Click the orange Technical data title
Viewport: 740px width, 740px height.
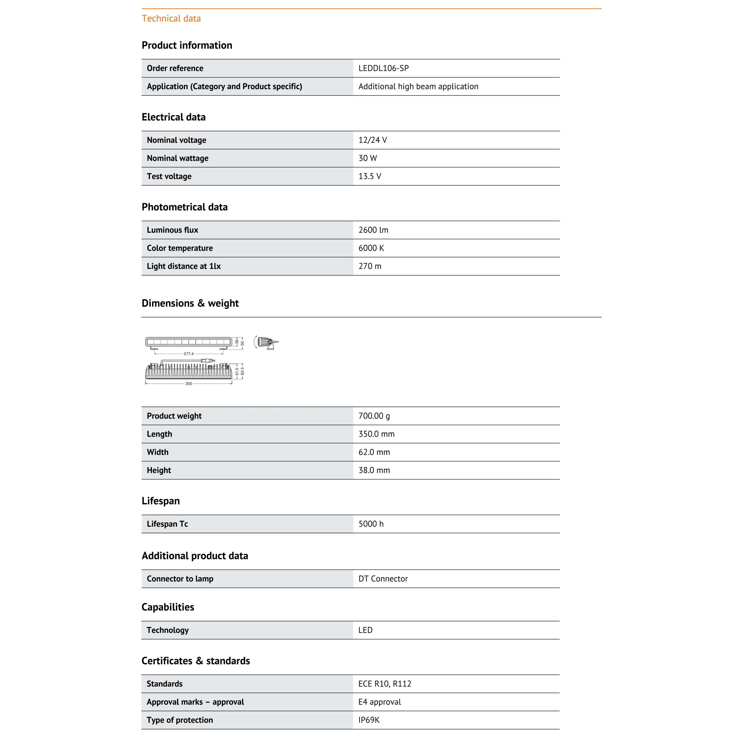coord(171,18)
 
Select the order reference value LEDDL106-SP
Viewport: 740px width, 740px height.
coord(383,68)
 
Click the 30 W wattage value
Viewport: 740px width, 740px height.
coord(367,158)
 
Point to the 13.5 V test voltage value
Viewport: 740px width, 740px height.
coord(370,176)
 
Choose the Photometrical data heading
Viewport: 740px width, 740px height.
coord(185,207)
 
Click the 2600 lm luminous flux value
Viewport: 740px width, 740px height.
coord(373,230)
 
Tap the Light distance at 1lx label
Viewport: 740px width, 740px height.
coord(183,266)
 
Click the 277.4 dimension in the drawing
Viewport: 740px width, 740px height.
coord(188,354)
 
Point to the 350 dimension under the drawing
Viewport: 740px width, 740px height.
coord(188,383)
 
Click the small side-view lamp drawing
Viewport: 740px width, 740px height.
coord(266,343)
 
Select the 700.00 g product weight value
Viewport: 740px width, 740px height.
coord(374,416)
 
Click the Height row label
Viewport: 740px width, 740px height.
coord(159,470)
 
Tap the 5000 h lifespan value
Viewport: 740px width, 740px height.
coord(371,524)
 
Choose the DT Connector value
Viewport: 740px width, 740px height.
coord(383,579)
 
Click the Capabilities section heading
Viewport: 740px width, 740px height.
coord(168,607)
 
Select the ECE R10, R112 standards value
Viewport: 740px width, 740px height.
coord(385,684)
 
